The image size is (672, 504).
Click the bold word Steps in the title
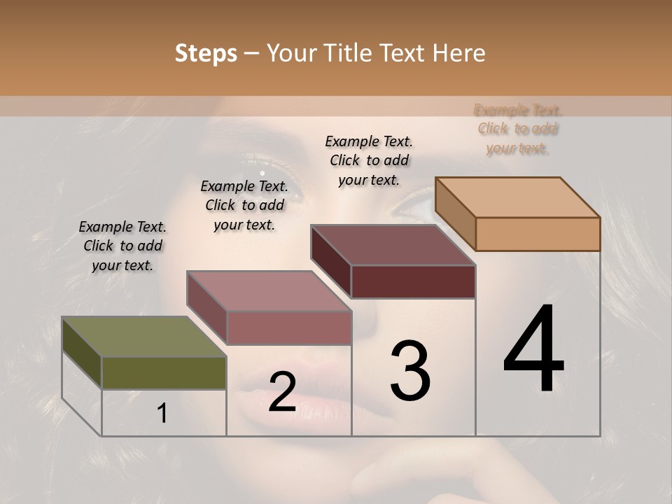point(206,53)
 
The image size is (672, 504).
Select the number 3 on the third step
point(409,370)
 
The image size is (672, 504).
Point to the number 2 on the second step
point(282,392)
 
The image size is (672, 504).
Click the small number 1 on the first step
point(162,414)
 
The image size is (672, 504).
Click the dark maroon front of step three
point(413,281)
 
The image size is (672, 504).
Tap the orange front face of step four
point(538,234)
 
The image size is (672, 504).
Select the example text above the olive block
point(122,246)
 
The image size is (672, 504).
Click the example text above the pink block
point(244,205)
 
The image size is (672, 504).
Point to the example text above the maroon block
point(369,160)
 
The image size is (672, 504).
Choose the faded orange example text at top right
point(518,129)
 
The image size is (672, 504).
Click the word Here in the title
point(459,53)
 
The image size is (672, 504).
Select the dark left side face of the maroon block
point(330,261)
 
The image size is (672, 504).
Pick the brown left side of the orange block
point(455,213)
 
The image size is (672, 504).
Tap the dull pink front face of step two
point(288,328)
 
